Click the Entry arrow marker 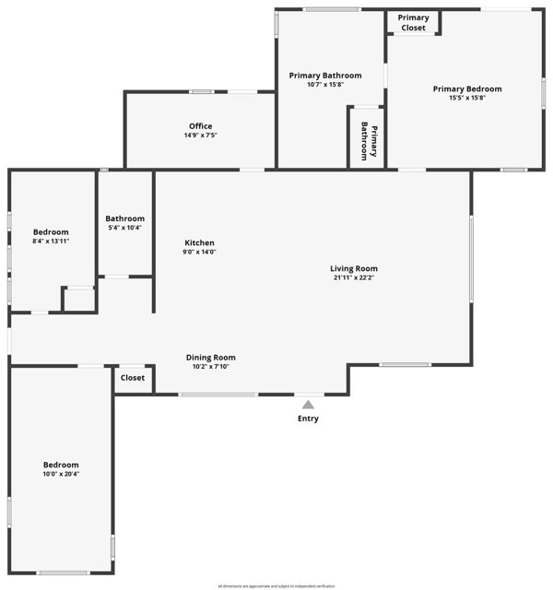pos(308,404)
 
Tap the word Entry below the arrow pos(308,419)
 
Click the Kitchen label pos(199,242)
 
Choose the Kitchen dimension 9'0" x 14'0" pos(199,252)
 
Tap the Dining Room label pos(211,357)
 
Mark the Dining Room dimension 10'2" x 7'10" pos(211,366)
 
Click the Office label pos(200,126)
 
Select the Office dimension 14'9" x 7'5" pos(200,136)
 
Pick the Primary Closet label pos(413,23)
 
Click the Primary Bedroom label pos(467,88)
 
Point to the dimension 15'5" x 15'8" pos(467,98)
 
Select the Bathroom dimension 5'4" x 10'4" pos(124,228)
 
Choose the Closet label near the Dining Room pos(133,378)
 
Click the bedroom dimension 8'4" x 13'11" pos(51,241)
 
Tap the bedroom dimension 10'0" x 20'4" pos(61,474)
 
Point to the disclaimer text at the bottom pos(276,585)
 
